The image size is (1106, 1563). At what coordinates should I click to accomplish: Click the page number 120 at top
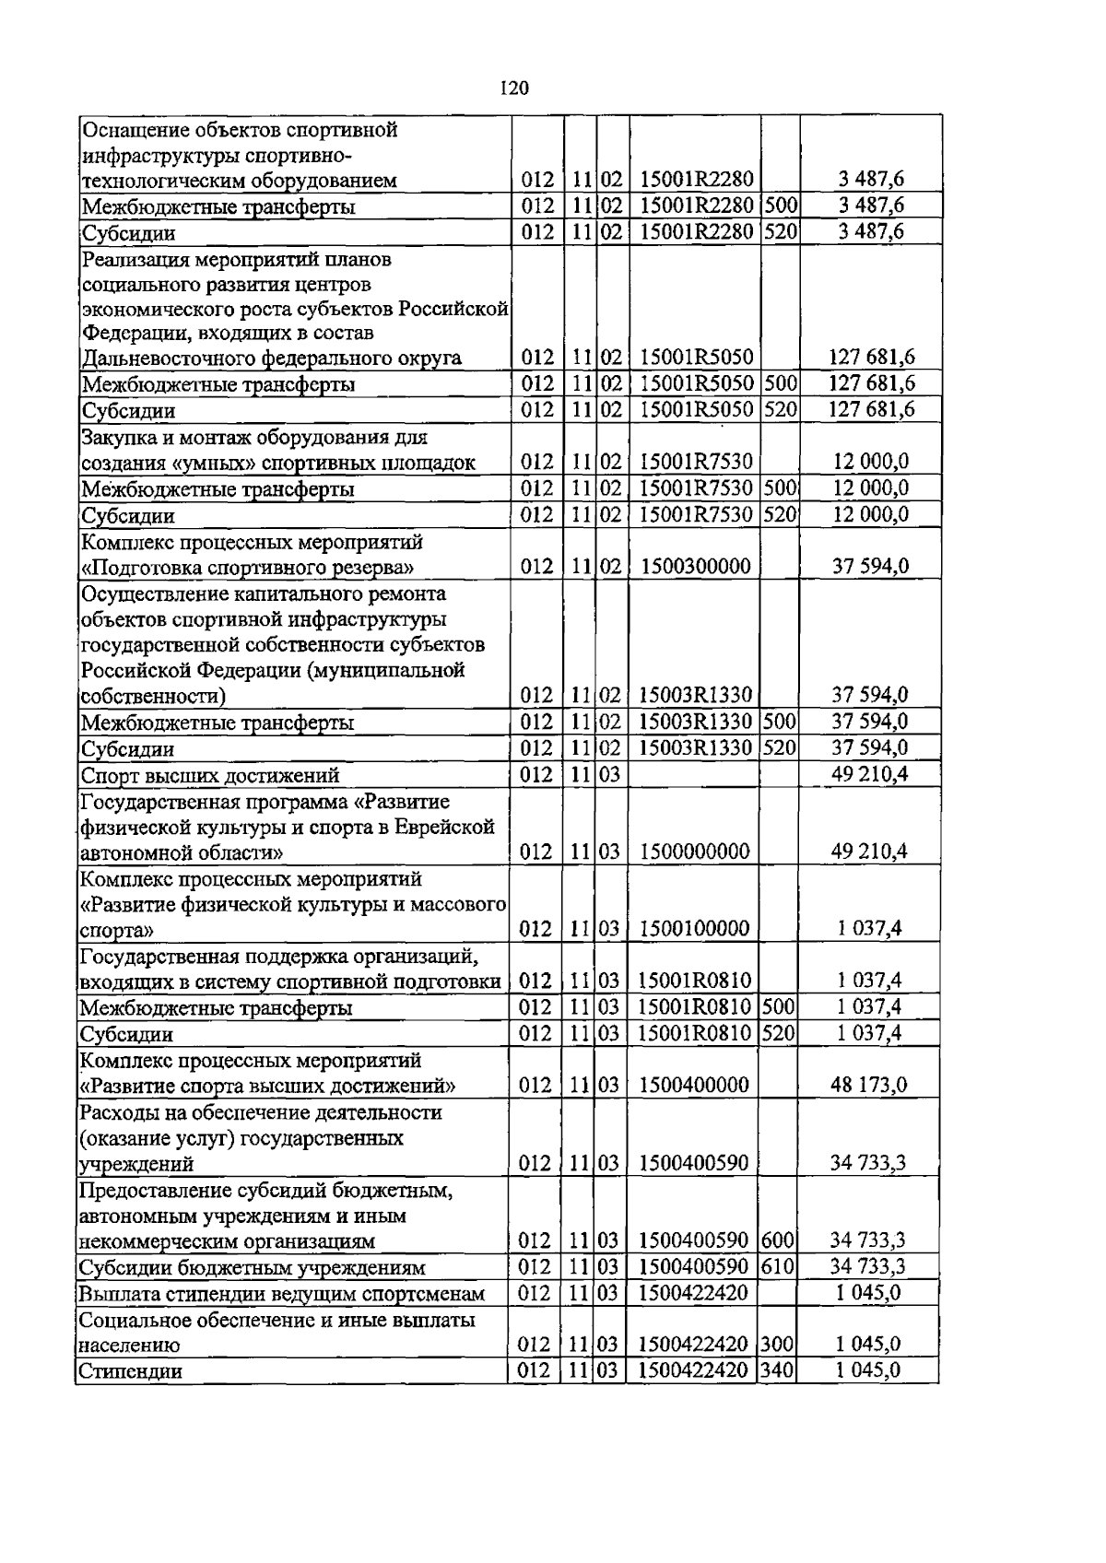click(x=514, y=88)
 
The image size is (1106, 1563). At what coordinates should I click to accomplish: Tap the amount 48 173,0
click(x=868, y=1085)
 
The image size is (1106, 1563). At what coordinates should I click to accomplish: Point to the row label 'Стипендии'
click(x=130, y=1371)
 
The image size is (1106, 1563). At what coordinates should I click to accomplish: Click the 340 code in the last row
click(x=777, y=1370)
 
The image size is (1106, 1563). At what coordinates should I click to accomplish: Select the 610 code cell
click(x=777, y=1266)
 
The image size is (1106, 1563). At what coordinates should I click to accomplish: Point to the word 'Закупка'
click(x=116, y=437)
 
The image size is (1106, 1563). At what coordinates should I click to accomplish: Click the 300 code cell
click(x=777, y=1345)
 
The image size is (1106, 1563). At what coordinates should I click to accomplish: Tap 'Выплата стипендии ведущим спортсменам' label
click(x=281, y=1293)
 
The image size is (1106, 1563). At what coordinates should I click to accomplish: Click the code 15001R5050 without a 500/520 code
click(x=696, y=358)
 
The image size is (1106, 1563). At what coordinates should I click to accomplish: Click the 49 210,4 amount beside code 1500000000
click(x=868, y=851)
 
